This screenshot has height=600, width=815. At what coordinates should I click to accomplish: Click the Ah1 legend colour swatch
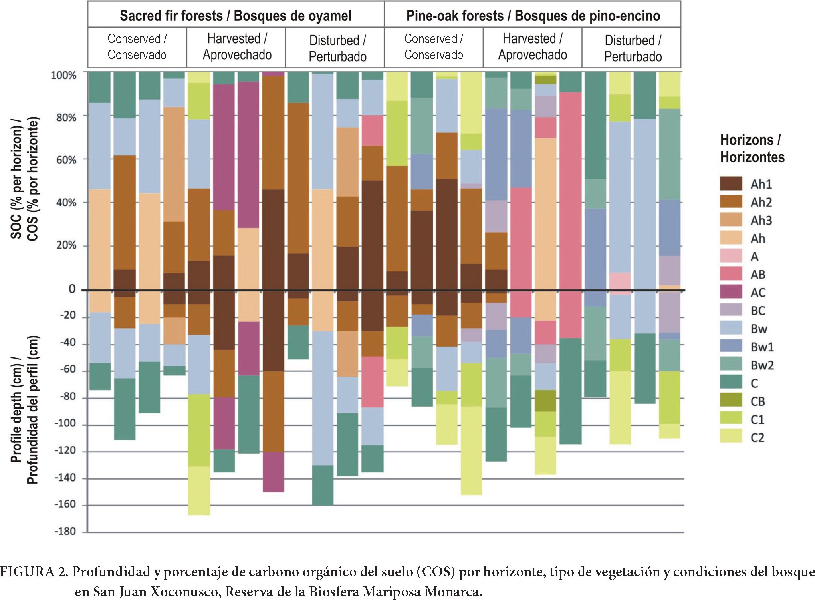[x=731, y=184]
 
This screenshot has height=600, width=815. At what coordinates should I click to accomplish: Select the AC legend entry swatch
[x=731, y=292]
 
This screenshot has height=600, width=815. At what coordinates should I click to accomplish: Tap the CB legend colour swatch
[x=731, y=401]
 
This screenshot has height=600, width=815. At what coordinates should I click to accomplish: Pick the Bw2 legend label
[x=762, y=365]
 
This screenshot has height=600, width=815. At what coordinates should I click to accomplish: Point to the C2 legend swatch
[x=731, y=437]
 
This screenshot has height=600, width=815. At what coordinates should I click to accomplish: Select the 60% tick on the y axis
[x=66, y=160]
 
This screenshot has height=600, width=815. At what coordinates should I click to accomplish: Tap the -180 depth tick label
[x=65, y=531]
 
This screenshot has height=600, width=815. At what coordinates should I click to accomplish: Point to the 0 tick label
[x=72, y=289]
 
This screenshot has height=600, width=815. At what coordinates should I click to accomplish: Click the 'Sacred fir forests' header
[x=236, y=16]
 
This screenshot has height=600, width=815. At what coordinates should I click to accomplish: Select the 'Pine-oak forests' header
[x=533, y=16]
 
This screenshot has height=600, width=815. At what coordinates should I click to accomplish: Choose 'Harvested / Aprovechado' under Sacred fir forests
[x=237, y=47]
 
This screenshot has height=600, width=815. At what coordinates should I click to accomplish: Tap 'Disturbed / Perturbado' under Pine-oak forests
[x=633, y=48]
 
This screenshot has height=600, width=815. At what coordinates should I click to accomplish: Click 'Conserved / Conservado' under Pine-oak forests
[x=434, y=47]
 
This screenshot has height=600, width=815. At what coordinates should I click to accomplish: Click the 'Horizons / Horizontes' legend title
[x=752, y=148]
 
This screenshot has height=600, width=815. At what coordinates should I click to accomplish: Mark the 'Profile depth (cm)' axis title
[x=24, y=410]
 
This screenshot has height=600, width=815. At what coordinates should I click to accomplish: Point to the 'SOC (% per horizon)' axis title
[x=24, y=179]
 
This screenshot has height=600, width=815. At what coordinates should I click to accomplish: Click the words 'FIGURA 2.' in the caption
[x=34, y=572]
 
